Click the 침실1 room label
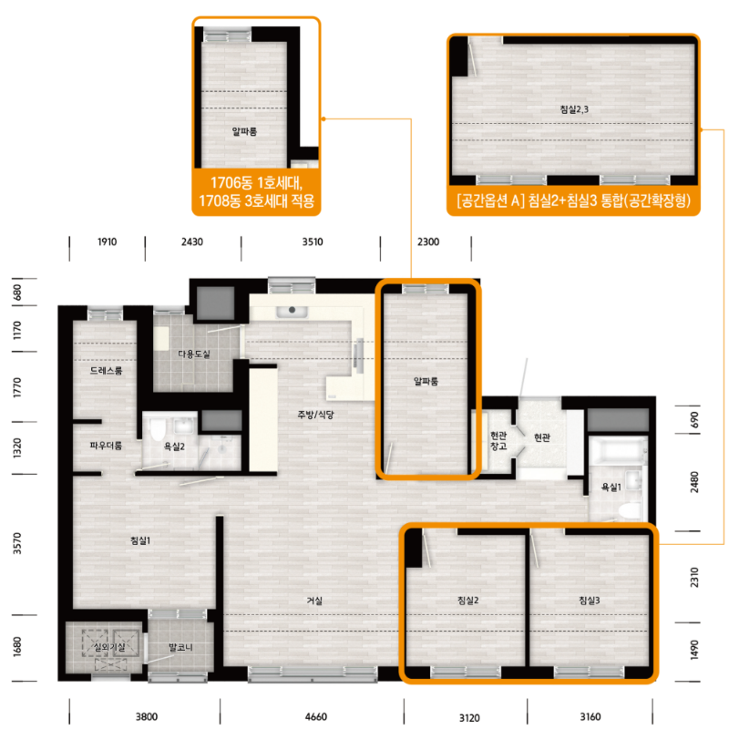click(x=140, y=540)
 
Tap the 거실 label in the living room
click(x=314, y=601)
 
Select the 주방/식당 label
click(x=315, y=415)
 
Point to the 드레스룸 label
click(x=107, y=371)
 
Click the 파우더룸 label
click(x=106, y=445)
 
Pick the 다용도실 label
click(x=194, y=354)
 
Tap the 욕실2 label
click(x=174, y=446)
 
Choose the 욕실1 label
click(x=611, y=487)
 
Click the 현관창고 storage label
click(x=498, y=440)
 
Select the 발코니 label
click(x=180, y=647)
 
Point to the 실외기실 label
click(x=109, y=646)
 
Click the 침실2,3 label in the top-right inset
click(x=574, y=109)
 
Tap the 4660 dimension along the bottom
click(x=315, y=716)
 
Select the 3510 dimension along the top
click(x=313, y=242)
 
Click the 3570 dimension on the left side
click(x=17, y=543)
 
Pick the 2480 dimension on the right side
click(x=694, y=482)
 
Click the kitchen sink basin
click(x=293, y=311)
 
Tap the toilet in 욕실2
click(x=158, y=427)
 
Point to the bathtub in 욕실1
click(x=618, y=450)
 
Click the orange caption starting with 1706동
click(x=256, y=191)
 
